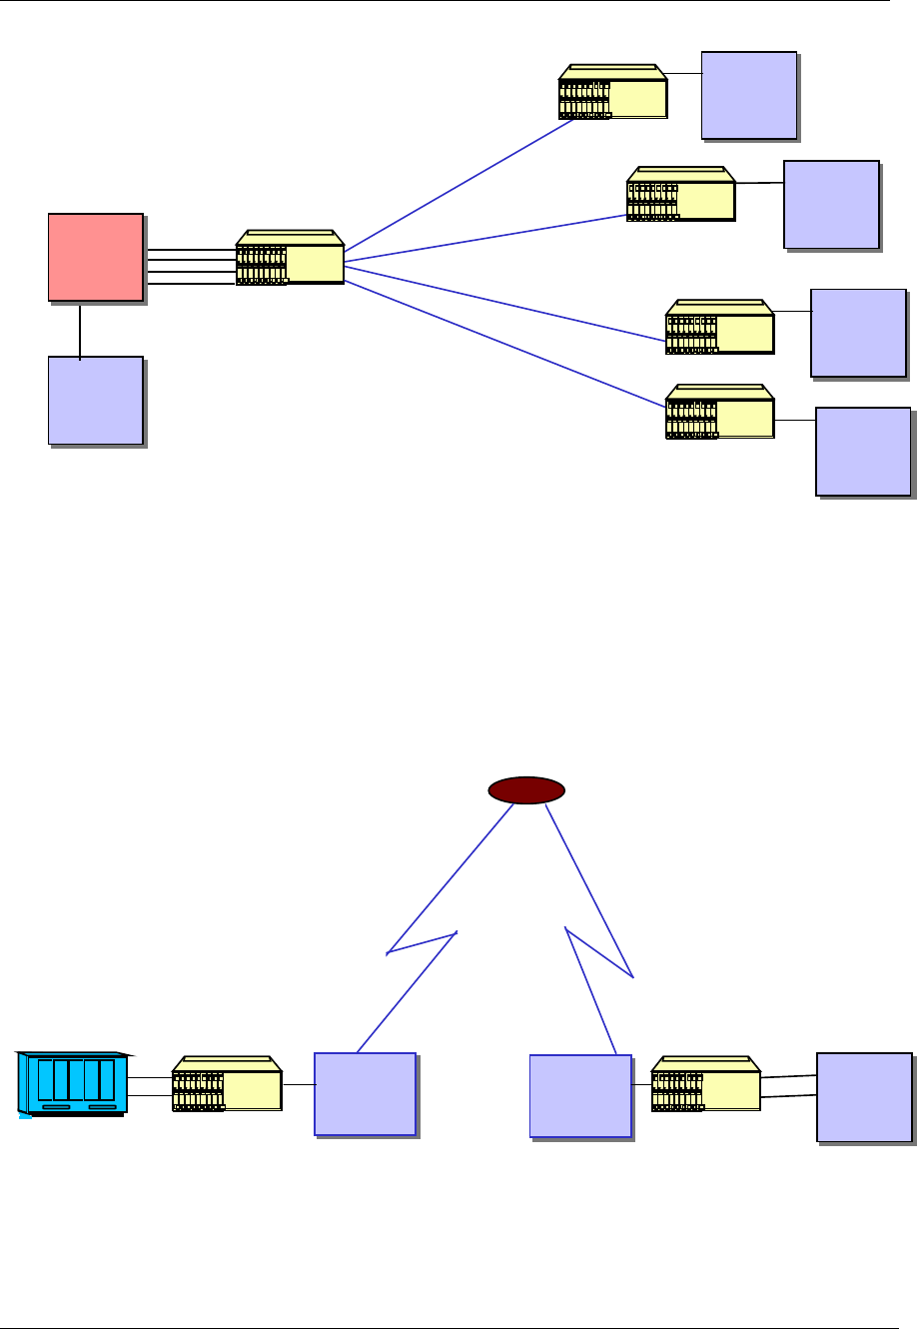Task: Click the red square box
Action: (95, 256)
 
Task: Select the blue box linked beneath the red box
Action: (95, 399)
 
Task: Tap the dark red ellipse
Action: (526, 790)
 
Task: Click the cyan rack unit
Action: (72, 1083)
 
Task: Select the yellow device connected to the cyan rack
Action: (227, 1084)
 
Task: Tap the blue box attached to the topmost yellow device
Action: (748, 94)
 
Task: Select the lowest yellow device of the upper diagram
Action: (719, 412)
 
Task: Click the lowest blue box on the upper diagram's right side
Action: (863, 451)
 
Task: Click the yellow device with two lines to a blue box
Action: (705, 1084)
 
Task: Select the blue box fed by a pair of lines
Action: (863, 1095)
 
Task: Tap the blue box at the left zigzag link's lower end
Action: (365, 1093)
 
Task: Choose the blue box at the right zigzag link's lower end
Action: (579, 1095)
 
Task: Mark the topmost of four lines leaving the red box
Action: (190, 250)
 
